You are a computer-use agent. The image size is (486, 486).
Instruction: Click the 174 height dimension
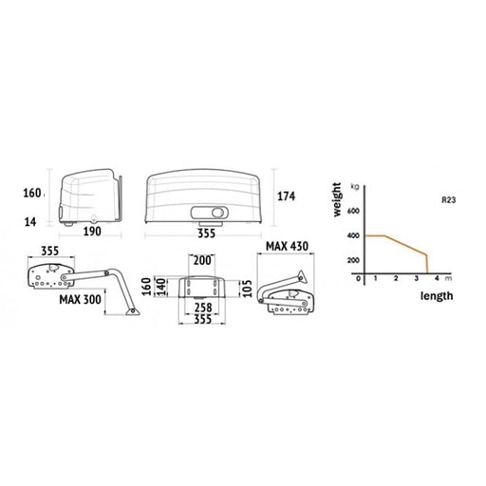tap(286, 196)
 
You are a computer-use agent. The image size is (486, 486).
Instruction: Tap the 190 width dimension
tap(92, 232)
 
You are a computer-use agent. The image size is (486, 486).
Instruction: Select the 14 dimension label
tap(30, 222)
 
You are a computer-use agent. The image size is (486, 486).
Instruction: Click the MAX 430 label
tap(287, 246)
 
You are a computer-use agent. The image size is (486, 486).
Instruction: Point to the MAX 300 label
tap(80, 299)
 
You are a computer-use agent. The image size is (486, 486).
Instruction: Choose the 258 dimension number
tap(203, 308)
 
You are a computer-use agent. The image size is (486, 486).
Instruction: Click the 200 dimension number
tap(202, 261)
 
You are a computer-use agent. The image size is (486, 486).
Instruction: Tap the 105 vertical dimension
tap(249, 289)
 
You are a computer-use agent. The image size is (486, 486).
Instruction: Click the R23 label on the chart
tap(449, 200)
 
